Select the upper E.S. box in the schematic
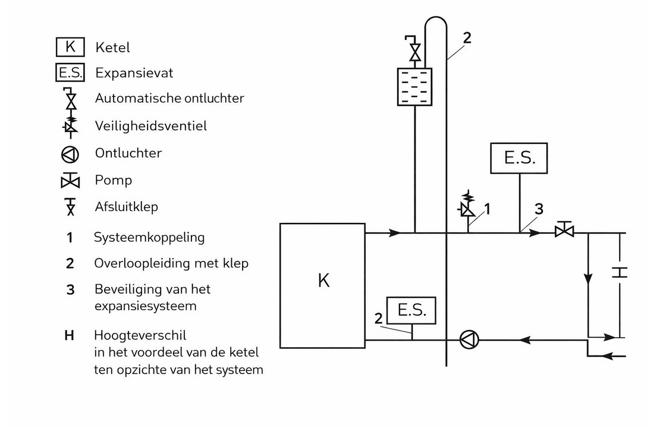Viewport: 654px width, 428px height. click(x=519, y=158)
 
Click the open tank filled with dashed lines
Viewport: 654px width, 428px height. click(x=415, y=86)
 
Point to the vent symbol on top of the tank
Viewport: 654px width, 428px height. click(x=415, y=49)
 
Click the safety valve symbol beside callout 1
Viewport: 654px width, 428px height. click(x=468, y=206)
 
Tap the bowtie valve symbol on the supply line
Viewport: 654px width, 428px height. click(x=563, y=229)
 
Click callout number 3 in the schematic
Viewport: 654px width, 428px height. click(x=538, y=209)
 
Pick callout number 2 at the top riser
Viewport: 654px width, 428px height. click(x=467, y=37)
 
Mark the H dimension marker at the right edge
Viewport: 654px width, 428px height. click(x=620, y=273)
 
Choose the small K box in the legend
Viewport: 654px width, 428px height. click(x=71, y=47)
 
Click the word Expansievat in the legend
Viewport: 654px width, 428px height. click(x=134, y=73)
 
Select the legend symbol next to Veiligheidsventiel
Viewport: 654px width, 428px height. click(x=71, y=126)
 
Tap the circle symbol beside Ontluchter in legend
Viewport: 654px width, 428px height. click(x=71, y=154)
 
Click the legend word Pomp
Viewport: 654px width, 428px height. click(x=113, y=180)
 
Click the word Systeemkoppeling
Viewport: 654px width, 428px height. click(x=149, y=237)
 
